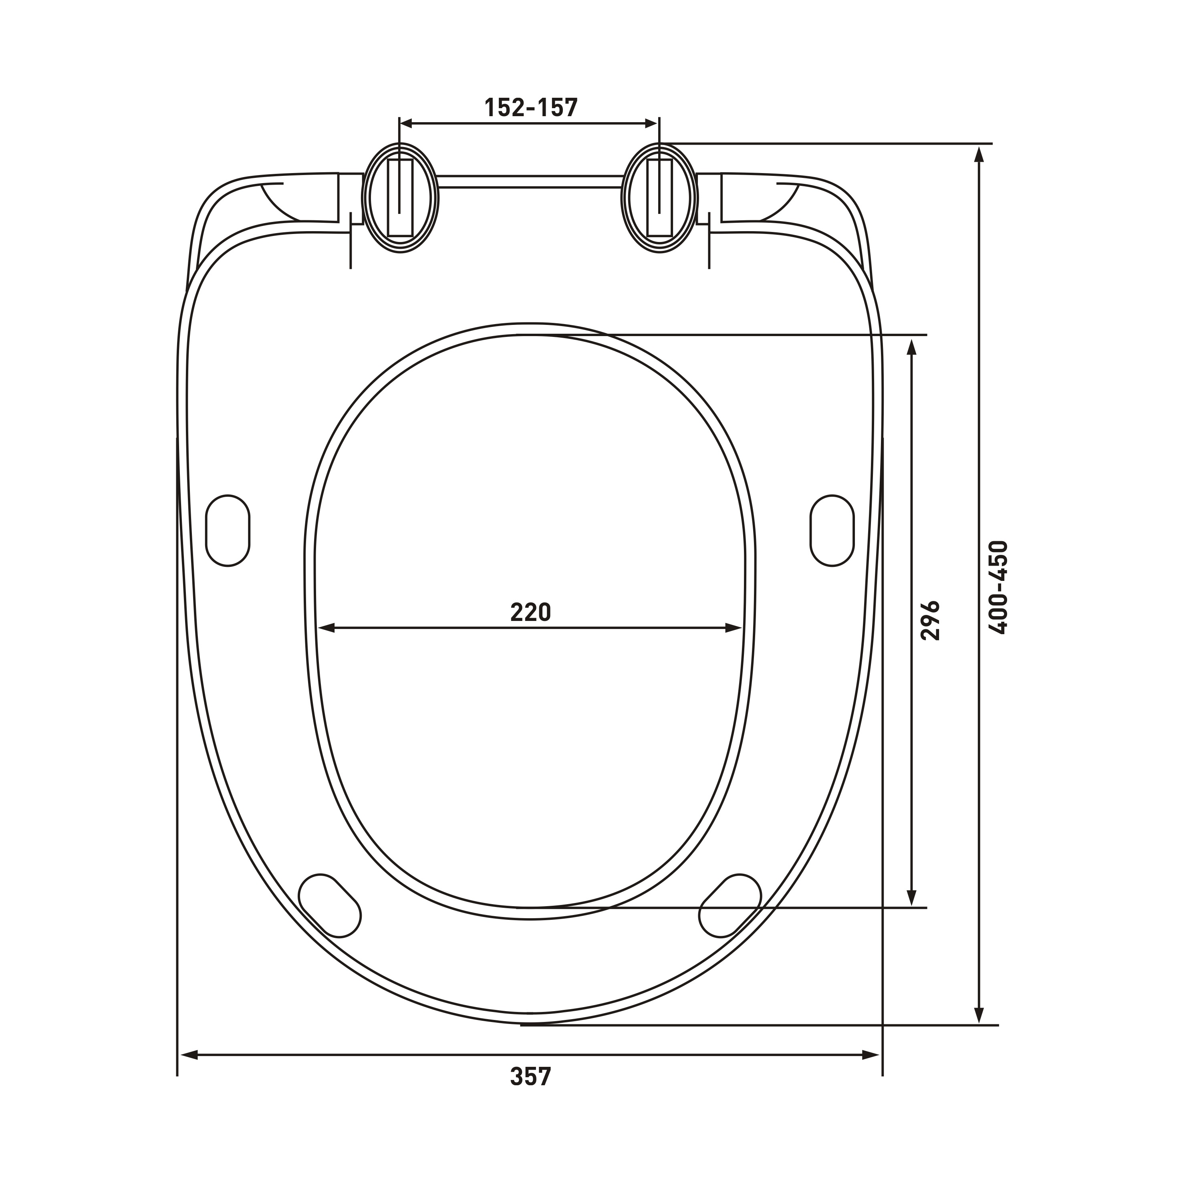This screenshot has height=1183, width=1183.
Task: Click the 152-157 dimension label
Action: pyautogui.click(x=531, y=108)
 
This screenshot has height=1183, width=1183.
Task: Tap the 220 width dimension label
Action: pyautogui.click(x=531, y=612)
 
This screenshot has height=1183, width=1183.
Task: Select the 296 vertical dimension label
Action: pyautogui.click(x=930, y=620)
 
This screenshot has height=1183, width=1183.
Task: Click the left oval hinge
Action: pyautogui.click(x=401, y=198)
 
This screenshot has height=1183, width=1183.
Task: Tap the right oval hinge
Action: pyautogui.click(x=659, y=198)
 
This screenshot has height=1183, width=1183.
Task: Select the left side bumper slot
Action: pyautogui.click(x=228, y=530)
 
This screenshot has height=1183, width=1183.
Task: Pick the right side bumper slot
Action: pyautogui.click(x=832, y=530)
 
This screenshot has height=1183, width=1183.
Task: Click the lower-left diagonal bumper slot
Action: pyautogui.click(x=329, y=905)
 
